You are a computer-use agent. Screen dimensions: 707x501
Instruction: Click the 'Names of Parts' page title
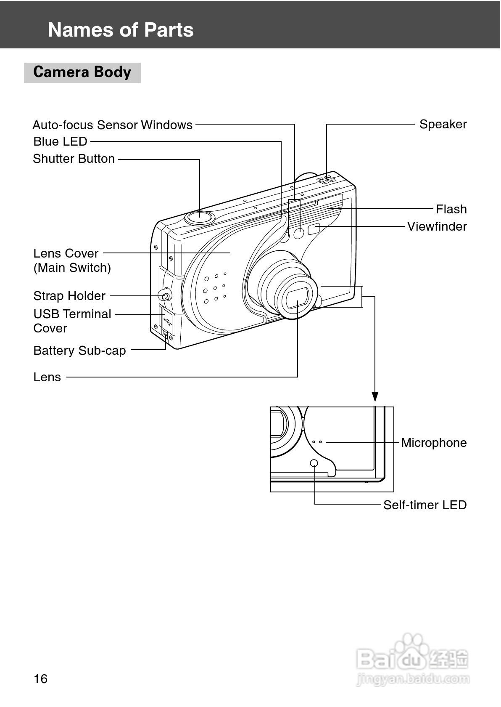(121, 30)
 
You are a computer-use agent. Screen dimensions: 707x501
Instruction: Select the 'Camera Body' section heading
(82, 72)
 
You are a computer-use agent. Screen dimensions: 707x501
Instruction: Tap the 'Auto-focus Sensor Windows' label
(112, 125)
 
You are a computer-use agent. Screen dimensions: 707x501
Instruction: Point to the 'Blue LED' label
(60, 141)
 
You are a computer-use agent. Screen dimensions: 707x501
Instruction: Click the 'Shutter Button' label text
(74, 159)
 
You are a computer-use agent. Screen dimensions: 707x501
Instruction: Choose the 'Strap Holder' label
(69, 296)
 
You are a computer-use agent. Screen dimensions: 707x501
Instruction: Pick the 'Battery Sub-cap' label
(79, 351)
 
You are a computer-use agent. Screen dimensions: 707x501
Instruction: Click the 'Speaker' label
(443, 124)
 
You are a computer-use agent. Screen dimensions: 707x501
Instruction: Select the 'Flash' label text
(451, 209)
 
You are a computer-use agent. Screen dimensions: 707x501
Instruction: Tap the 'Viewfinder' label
(437, 226)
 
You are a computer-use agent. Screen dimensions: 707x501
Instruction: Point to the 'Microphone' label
(434, 443)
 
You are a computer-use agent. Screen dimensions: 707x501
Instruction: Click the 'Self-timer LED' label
(425, 505)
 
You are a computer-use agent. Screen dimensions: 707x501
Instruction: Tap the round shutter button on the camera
(200, 217)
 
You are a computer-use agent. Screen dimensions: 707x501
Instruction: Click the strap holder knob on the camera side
(165, 295)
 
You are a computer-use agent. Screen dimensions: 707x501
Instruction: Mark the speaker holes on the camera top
(327, 180)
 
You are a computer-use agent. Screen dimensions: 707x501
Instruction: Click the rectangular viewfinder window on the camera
(314, 229)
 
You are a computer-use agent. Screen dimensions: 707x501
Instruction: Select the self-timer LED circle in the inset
(314, 463)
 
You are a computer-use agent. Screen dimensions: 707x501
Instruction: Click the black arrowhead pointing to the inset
(375, 396)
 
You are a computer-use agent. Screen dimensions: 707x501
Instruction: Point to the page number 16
(41, 679)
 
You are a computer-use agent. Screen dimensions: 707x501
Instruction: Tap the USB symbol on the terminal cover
(167, 321)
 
